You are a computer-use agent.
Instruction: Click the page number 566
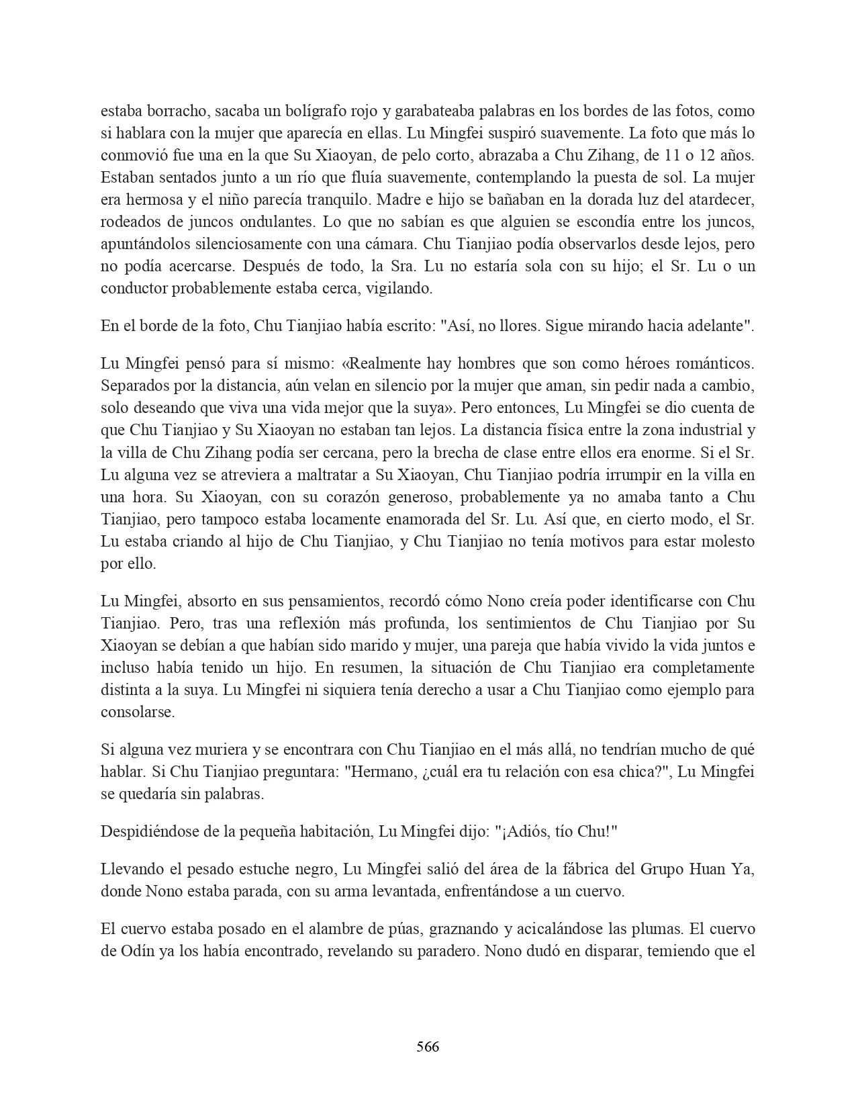point(428,1046)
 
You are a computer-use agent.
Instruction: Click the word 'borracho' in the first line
point(168,111)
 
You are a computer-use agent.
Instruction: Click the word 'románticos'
point(718,364)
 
